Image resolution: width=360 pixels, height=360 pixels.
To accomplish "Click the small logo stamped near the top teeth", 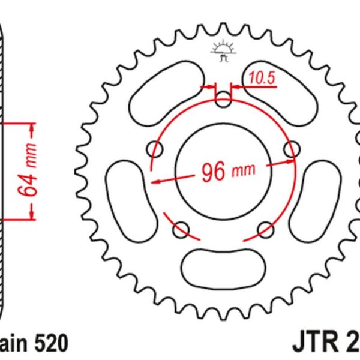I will (x=222, y=52).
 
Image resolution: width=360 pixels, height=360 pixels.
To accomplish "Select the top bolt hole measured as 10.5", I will (x=223, y=100).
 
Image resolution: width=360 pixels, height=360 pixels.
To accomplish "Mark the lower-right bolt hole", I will (x=264, y=228).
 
